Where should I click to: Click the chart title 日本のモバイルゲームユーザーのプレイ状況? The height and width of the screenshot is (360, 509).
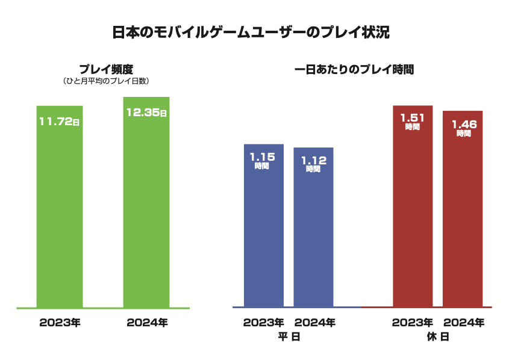pos(251,33)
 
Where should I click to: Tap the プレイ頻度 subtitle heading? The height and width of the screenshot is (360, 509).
pos(106,69)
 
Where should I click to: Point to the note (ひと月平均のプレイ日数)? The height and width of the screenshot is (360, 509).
pos(106,81)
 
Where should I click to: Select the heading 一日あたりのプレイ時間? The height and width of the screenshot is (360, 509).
pos(354,69)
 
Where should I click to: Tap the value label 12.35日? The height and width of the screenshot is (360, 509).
pos(146,113)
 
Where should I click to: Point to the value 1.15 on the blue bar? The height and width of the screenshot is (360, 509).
pos(263,157)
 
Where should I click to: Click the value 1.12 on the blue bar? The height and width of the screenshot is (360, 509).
pos(313,160)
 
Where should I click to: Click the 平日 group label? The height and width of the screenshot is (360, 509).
pos(289,337)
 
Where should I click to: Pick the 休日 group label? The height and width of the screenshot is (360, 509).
pos(438,337)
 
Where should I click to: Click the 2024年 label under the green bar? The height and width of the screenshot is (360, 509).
pos(147,323)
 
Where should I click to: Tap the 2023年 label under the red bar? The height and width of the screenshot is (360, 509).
pos(413,323)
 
